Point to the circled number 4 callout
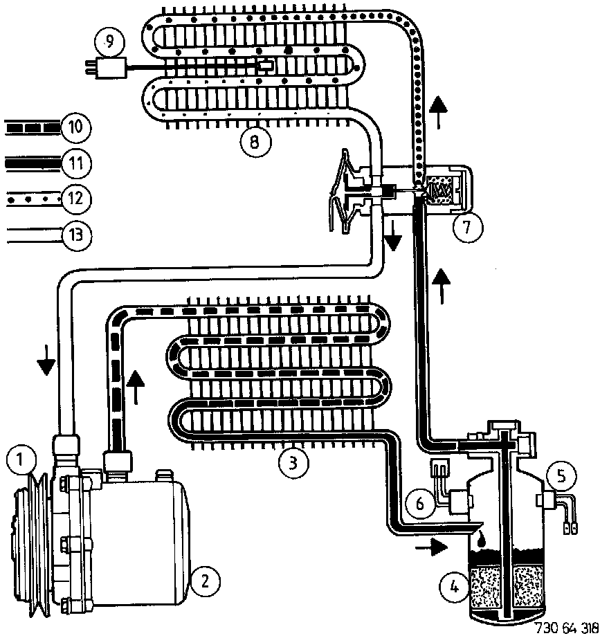pos(453,587)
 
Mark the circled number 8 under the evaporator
pos(253,143)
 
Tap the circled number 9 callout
pos(109,43)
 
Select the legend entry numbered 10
pos(75,127)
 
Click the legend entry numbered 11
pos(75,163)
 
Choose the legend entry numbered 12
pos(75,199)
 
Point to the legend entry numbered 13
pos(75,234)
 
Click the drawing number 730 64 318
pos(566,628)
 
